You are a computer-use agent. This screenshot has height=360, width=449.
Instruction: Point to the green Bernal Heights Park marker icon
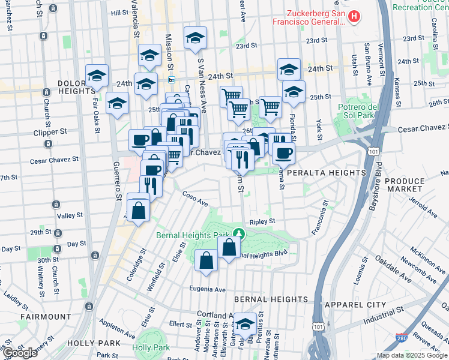pyautogui.click(x=239, y=233)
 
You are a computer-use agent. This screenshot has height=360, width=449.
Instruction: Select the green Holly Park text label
pyautogui.click(x=151, y=347)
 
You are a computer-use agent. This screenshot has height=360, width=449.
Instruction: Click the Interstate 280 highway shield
pyautogui.click(x=402, y=340)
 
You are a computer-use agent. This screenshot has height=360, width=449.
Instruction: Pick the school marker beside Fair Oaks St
pyautogui.click(x=97, y=76)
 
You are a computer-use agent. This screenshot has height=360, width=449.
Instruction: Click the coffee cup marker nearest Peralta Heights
pyautogui.click(x=283, y=152)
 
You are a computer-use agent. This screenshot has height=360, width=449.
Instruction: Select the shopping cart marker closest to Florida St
pyautogui.click(x=270, y=107)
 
